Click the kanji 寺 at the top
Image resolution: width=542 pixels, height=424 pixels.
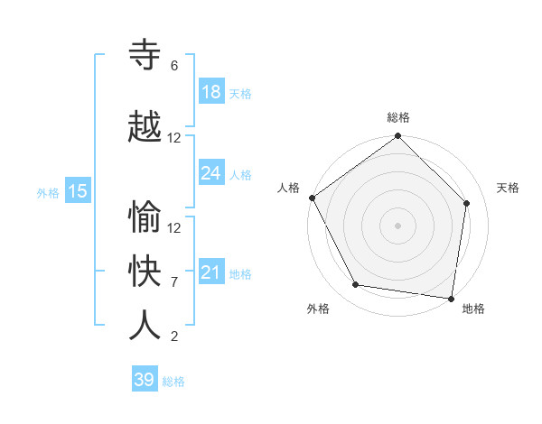[x=145, y=56]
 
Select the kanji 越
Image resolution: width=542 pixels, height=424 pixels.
[x=145, y=127]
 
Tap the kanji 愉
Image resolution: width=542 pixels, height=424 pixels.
[x=145, y=217]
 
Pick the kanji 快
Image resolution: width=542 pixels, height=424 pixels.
[x=145, y=272]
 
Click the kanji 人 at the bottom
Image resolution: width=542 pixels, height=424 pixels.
[x=145, y=326]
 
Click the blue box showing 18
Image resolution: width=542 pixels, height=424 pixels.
[x=210, y=92]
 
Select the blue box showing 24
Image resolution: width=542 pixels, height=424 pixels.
[x=210, y=173]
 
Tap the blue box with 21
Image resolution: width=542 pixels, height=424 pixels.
[x=210, y=272]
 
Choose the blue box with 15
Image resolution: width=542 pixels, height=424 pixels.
[x=77, y=190]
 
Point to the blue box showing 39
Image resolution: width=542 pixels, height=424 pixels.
[x=145, y=380]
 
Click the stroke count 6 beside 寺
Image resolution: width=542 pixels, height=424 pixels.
[x=174, y=66]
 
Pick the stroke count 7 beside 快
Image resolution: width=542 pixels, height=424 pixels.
[x=174, y=282]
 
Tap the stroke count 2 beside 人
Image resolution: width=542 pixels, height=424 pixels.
[x=174, y=336]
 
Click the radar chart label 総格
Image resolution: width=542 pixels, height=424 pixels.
[x=397, y=117]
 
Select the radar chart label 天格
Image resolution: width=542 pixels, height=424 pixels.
[x=509, y=188]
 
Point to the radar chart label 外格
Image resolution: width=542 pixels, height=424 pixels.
[x=318, y=309]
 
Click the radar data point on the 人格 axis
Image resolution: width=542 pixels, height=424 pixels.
[x=312, y=198]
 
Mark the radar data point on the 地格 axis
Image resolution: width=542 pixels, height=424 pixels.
[x=452, y=298]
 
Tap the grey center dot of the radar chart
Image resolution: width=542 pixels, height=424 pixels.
[x=397, y=225]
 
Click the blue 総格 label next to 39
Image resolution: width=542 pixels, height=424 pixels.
[x=173, y=382]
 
